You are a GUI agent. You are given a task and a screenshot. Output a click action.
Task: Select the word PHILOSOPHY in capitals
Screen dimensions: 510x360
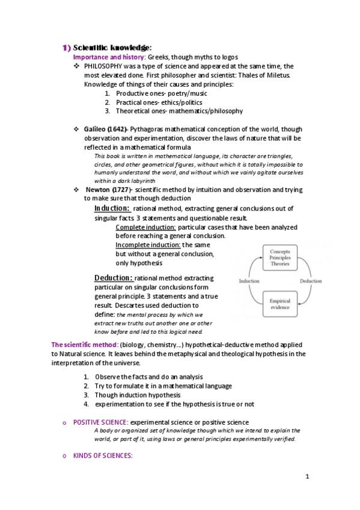(106, 66)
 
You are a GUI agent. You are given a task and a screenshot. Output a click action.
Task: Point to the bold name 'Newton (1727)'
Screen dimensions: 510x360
(108, 189)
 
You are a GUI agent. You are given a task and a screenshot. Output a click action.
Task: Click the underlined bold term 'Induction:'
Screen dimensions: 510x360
(112, 208)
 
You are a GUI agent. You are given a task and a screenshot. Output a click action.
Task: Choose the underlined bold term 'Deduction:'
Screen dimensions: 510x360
(113, 278)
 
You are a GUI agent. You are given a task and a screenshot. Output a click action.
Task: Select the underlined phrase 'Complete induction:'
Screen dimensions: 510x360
(145, 227)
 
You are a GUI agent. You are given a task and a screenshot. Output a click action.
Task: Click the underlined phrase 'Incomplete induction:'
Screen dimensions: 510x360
(148, 245)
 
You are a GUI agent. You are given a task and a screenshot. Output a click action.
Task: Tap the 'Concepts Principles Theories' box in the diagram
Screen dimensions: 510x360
(280, 257)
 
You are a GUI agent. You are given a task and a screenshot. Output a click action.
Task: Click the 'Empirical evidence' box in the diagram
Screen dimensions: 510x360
(280, 304)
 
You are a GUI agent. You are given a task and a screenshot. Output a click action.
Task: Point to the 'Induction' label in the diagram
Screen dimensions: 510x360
(249, 281)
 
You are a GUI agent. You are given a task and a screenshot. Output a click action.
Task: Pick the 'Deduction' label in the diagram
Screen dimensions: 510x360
(311, 281)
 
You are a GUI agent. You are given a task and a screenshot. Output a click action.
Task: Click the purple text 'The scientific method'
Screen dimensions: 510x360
(84, 345)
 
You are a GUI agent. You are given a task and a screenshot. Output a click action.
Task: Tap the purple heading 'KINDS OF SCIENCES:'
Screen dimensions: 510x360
(103, 456)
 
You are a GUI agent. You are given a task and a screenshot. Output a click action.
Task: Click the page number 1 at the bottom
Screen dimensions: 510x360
(307, 477)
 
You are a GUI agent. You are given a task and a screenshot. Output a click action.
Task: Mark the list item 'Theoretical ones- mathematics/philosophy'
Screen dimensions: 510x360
(179, 111)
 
